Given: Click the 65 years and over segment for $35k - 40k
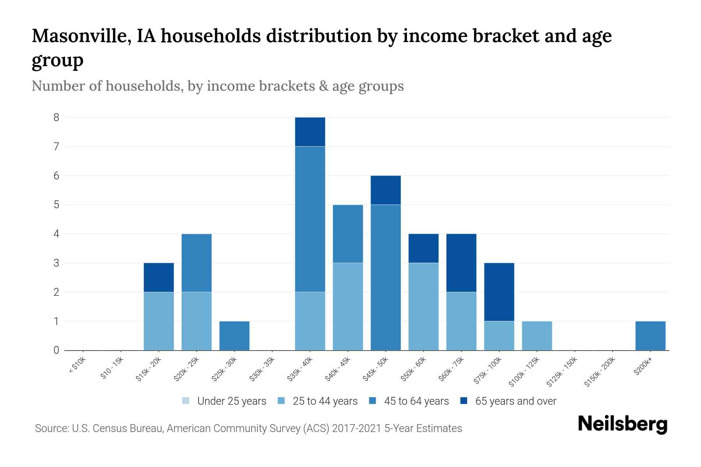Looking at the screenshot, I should pos(310,132).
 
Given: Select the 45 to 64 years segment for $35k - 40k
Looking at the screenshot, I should pos(310,219).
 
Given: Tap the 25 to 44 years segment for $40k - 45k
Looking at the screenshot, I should pos(348,306).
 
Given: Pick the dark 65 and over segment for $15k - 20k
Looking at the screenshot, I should pos(159,277).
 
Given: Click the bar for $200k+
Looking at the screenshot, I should pos(650,335).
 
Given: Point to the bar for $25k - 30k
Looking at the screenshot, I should pos(234,335).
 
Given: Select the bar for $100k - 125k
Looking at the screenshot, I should pos(537,335).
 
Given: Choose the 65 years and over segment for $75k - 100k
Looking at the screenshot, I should pos(499,292).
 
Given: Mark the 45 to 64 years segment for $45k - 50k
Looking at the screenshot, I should pos(386,277).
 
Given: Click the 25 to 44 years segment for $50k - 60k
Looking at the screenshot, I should pos(423,306).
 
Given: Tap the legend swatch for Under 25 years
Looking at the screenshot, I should pos(186,401).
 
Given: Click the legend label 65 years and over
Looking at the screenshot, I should pos(516,401).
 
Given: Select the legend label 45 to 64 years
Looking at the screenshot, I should pos(416,401).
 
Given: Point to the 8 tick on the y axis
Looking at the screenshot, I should pos(56,118).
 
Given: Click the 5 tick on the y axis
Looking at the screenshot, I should pos(56,205).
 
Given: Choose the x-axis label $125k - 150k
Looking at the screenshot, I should pos(562,372).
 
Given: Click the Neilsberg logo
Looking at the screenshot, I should pos(623,425).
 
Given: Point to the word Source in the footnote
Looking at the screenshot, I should pos(51,428).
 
